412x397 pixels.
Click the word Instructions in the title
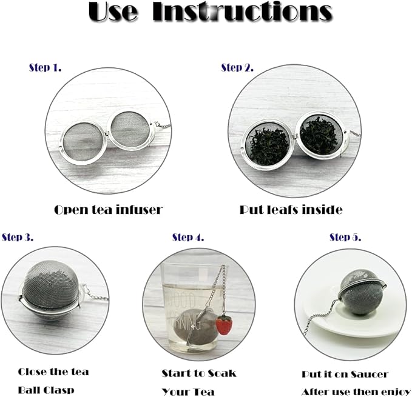(x=242, y=13)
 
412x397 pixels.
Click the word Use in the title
(x=113, y=13)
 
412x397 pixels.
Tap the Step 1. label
(x=46, y=67)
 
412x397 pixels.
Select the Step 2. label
(x=237, y=67)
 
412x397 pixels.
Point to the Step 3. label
(x=18, y=237)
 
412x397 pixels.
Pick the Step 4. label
(x=188, y=237)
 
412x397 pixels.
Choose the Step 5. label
(x=345, y=237)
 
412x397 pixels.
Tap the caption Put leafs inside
(x=291, y=210)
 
